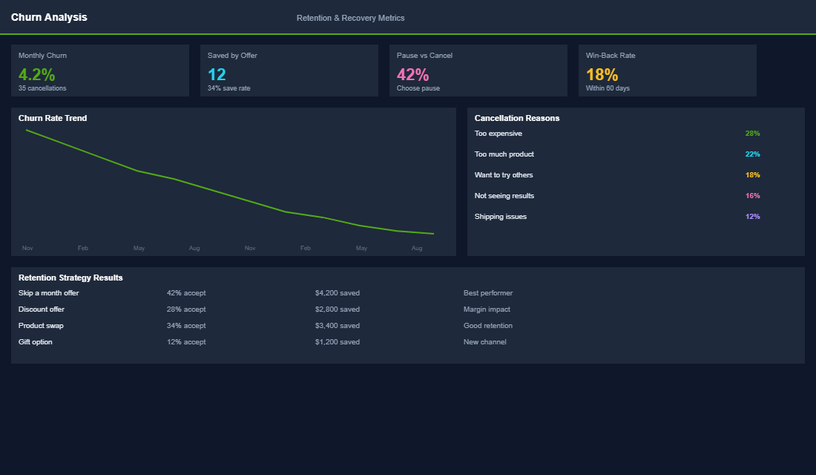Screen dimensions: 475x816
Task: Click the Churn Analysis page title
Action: [x=49, y=17]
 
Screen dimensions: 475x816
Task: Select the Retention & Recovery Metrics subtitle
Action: [x=350, y=18]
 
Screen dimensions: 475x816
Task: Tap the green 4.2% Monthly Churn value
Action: [x=37, y=75]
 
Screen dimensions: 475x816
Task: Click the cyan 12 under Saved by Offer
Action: [x=217, y=75]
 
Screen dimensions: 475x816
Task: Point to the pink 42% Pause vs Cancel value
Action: [x=413, y=75]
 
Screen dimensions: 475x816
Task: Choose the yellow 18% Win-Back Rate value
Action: [x=602, y=75]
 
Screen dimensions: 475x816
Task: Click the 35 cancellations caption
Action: [x=42, y=88]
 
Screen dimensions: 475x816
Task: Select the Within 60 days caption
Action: [x=608, y=88]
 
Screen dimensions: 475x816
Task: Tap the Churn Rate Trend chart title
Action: [x=53, y=118]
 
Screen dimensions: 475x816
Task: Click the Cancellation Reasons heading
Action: [x=517, y=118]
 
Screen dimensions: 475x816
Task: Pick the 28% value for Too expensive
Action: [x=752, y=134]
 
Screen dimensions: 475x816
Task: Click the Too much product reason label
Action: [x=504, y=154]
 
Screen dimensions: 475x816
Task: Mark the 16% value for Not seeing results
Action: [x=752, y=196]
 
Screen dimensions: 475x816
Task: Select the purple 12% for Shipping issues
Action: [x=752, y=217]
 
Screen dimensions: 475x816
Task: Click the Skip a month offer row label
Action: [x=48, y=293]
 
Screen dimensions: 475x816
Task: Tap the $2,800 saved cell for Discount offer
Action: [x=337, y=309]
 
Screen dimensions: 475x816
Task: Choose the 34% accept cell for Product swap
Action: [x=186, y=326]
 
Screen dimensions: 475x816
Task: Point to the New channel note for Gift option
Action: [x=484, y=342]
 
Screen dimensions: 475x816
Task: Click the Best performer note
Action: [x=487, y=293]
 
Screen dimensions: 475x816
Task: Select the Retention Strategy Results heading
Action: [x=70, y=278]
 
